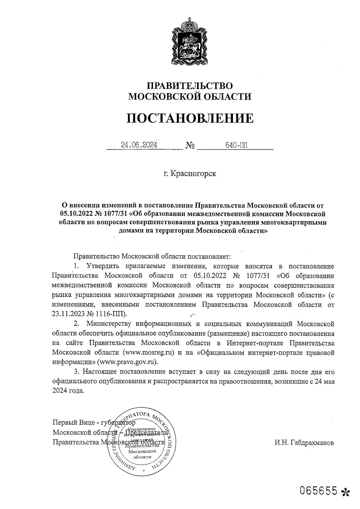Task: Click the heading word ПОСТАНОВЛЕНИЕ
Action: [190, 118]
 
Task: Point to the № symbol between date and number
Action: [190, 146]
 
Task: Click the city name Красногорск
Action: [193, 173]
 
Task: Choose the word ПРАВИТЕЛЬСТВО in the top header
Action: [190, 86]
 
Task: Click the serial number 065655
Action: [319, 490]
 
